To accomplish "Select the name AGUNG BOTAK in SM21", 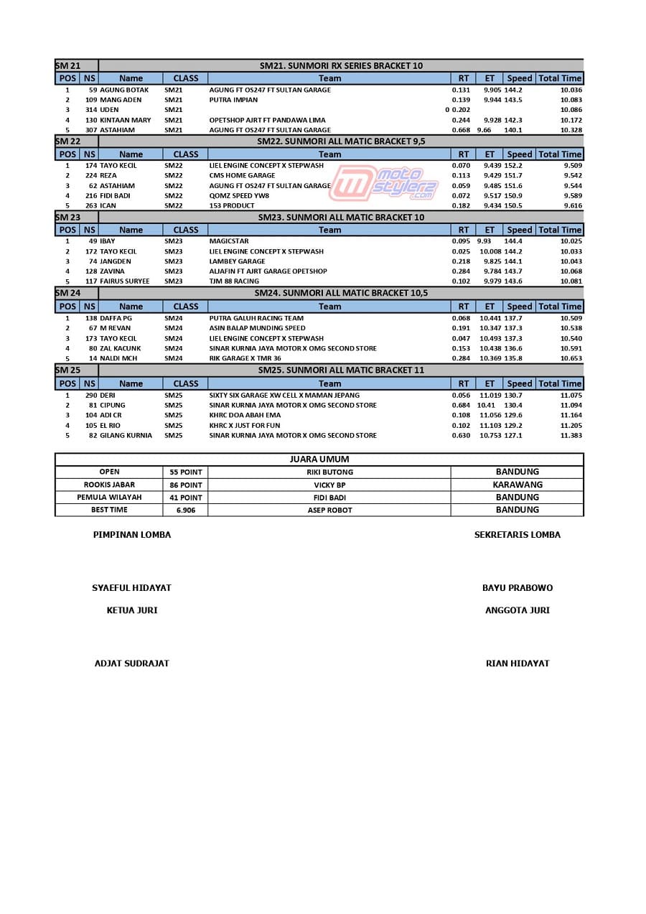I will (x=124, y=90).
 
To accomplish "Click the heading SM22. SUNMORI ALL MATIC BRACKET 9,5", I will (x=341, y=141).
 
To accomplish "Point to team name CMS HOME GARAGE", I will (x=242, y=175).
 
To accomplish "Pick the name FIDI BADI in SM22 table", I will (x=115, y=195).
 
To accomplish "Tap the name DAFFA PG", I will (x=116, y=318).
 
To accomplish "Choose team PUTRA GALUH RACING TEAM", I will (x=256, y=318).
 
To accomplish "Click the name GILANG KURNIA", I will (x=126, y=435).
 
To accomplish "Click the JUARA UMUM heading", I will (x=319, y=460).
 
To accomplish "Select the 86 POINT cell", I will (x=185, y=485).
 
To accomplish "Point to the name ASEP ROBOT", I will (x=329, y=510).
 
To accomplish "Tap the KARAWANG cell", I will (x=517, y=485).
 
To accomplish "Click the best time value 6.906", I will (x=185, y=510).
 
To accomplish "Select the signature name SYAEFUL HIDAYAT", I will (x=131, y=587).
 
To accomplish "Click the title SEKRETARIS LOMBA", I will (x=517, y=534).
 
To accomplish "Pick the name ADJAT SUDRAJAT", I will (x=131, y=663).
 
